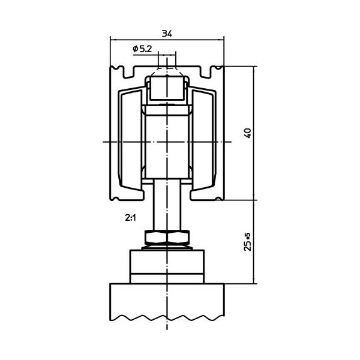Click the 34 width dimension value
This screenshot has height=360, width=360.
click(167, 34)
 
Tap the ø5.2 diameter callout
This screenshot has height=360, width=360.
click(142, 49)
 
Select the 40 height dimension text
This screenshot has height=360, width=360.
click(248, 133)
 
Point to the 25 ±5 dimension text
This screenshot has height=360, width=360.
click(248, 242)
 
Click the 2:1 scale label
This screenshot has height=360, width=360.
click(130, 218)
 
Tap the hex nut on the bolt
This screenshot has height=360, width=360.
click(167, 238)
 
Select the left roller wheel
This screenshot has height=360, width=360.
click(130, 140)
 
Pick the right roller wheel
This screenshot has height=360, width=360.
click(204, 140)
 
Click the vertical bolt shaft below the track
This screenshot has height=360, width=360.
click(167, 205)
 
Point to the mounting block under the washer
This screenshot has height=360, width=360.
click(167, 266)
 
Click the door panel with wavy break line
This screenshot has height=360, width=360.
click(167, 302)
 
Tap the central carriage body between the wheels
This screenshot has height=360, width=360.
click(167, 142)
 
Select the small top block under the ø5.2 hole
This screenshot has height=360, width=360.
click(167, 89)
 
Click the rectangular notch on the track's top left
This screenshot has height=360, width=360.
click(129, 72)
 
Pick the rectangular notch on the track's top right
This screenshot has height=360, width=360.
click(206, 72)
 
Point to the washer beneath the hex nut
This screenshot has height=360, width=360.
click(167, 247)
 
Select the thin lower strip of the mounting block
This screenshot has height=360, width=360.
click(167, 278)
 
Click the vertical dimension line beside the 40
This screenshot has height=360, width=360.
click(254, 133)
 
